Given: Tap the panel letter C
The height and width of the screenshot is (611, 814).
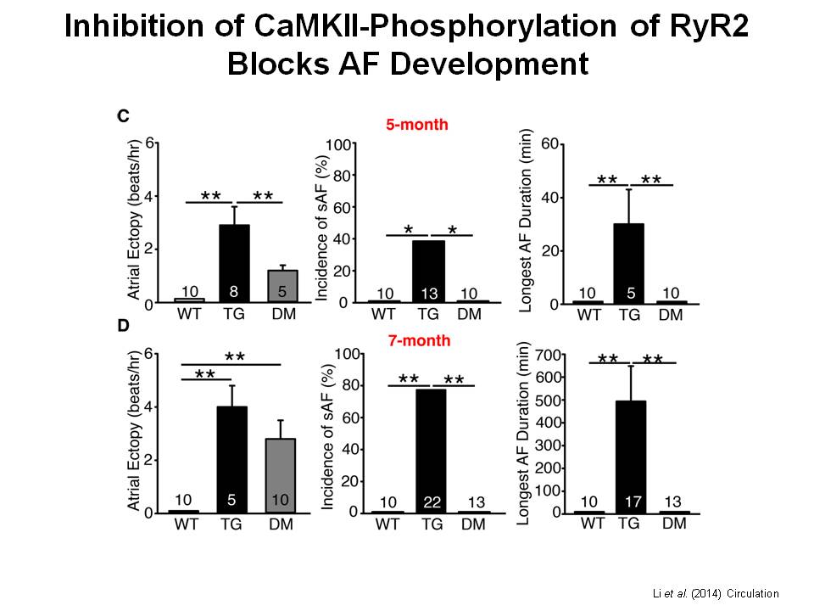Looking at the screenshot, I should point(122,116).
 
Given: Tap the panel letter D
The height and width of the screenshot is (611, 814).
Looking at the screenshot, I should point(122,326).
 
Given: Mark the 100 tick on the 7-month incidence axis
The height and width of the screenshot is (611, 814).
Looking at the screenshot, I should point(344,353).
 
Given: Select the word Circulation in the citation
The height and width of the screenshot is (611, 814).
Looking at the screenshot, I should point(748,593).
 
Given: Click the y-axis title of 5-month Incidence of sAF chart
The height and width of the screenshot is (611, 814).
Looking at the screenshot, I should point(322,222).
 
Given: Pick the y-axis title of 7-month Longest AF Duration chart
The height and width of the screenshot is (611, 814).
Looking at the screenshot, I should point(524,433).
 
